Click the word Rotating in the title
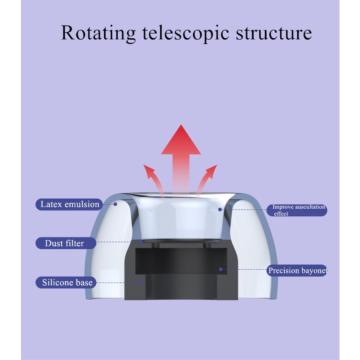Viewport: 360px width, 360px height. pyautogui.click(x=98, y=33)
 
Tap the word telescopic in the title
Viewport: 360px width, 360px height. pyautogui.click(x=185, y=33)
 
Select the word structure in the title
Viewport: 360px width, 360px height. pyautogui.click(x=274, y=33)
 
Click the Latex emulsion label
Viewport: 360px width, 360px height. pyautogui.click(x=69, y=204)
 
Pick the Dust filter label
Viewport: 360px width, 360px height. pyautogui.click(x=66, y=243)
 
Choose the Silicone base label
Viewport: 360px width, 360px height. pyautogui.click(x=66, y=283)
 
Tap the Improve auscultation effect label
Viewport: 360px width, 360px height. pyautogui.click(x=297, y=210)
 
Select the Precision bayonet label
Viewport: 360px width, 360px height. pyautogui.click(x=297, y=271)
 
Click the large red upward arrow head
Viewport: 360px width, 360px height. pyautogui.click(x=181, y=140)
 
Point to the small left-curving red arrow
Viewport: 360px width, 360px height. pyautogui.click(x=154, y=179)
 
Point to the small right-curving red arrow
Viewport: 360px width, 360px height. pyautogui.click(x=206, y=179)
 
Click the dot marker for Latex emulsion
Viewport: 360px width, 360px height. pyautogui.click(x=115, y=204)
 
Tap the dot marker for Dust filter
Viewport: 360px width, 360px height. pyautogui.click(x=141, y=242)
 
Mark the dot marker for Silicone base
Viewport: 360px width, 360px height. pyautogui.click(x=139, y=283)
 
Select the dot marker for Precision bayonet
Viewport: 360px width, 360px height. pyautogui.click(x=221, y=269)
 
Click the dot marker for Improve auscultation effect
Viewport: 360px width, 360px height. pyautogui.click(x=220, y=209)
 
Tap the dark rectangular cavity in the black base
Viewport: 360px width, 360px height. pyautogui.click(x=181, y=261)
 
